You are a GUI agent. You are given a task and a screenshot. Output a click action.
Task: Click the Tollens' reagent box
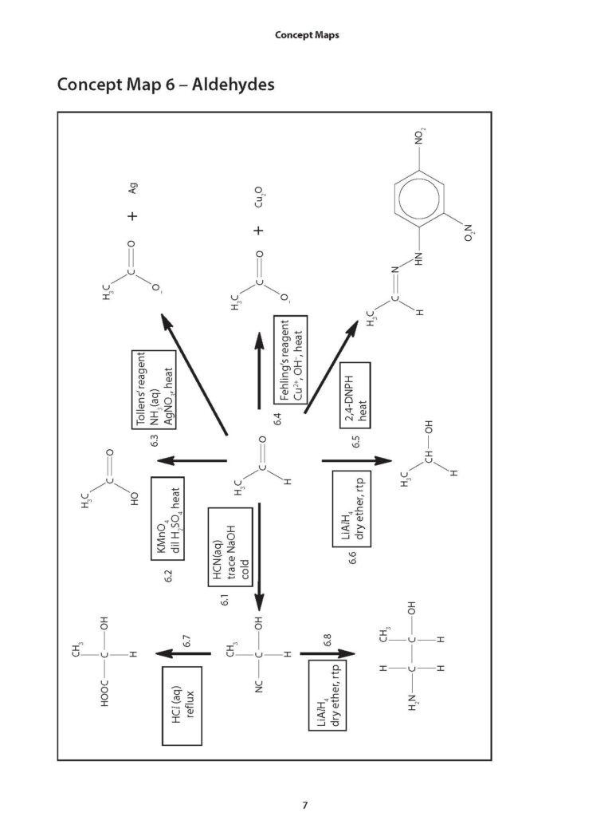click(154, 389)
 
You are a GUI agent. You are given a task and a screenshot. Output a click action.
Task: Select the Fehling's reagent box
click(291, 360)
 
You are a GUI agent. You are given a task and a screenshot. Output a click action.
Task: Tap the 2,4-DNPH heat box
click(355, 396)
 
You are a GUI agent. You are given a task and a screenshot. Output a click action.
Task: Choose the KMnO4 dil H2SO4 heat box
click(167, 518)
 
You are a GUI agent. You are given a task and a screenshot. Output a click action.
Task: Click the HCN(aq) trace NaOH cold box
click(230, 547)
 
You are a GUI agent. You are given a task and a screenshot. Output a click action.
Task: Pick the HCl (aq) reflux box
click(182, 705)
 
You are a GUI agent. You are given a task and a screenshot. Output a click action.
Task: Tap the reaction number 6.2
click(168, 576)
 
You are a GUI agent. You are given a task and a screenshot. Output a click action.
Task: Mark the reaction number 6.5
click(355, 441)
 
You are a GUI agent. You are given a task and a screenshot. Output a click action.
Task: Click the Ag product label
click(132, 188)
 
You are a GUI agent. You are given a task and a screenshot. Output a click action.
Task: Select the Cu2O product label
click(259, 197)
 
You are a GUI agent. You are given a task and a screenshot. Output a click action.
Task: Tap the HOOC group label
click(105, 693)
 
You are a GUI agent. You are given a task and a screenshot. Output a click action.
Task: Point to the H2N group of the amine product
click(413, 702)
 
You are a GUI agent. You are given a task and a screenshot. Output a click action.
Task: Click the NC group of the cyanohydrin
click(259, 686)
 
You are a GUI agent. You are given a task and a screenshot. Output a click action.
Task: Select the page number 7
click(305, 805)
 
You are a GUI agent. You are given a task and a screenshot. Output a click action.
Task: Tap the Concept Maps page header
click(307, 35)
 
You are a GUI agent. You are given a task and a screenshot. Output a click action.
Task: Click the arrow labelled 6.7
click(183, 653)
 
